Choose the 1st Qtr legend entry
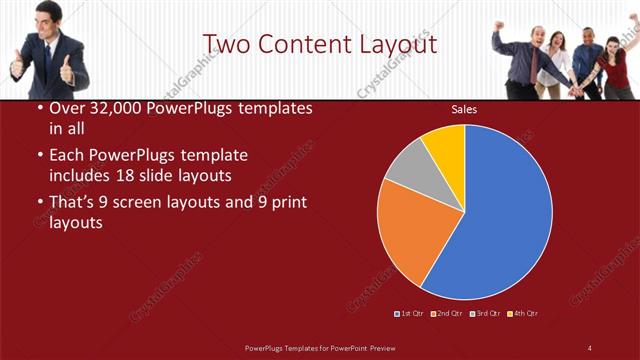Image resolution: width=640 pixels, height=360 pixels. (411, 314)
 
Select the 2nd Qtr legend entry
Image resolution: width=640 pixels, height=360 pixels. (447, 314)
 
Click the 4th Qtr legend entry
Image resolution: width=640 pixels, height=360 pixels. (523, 314)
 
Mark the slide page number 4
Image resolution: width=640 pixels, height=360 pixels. (590, 347)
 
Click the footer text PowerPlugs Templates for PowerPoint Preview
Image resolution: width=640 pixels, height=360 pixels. (320, 347)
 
